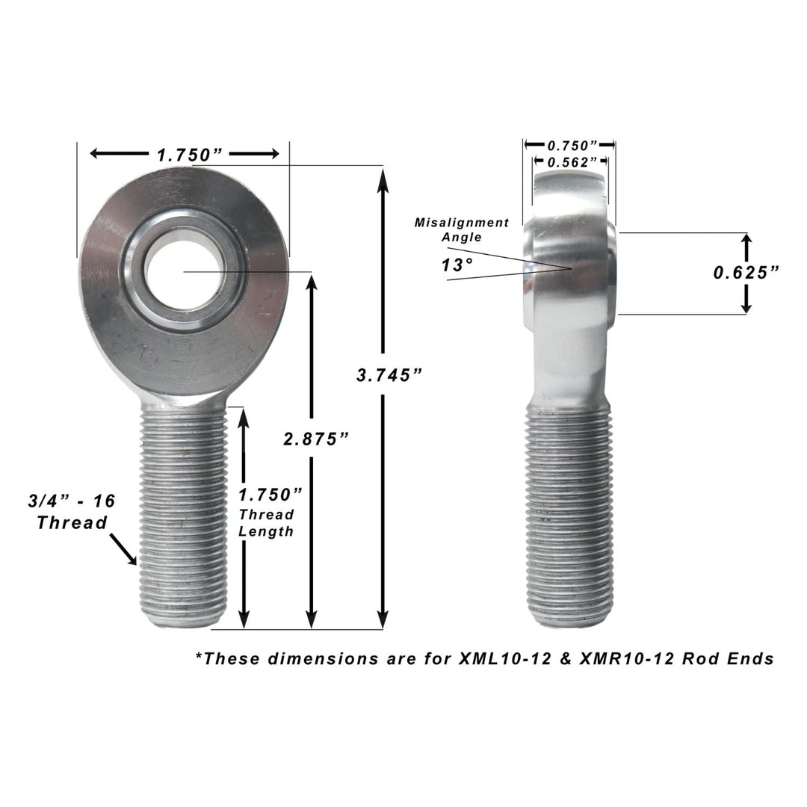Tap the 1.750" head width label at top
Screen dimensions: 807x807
[x=190, y=155]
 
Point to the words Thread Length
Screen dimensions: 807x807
[x=267, y=523]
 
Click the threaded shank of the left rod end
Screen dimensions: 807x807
[x=183, y=516]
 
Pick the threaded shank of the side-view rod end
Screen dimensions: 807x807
[x=570, y=516]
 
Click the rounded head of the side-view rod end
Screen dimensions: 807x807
[x=572, y=254]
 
